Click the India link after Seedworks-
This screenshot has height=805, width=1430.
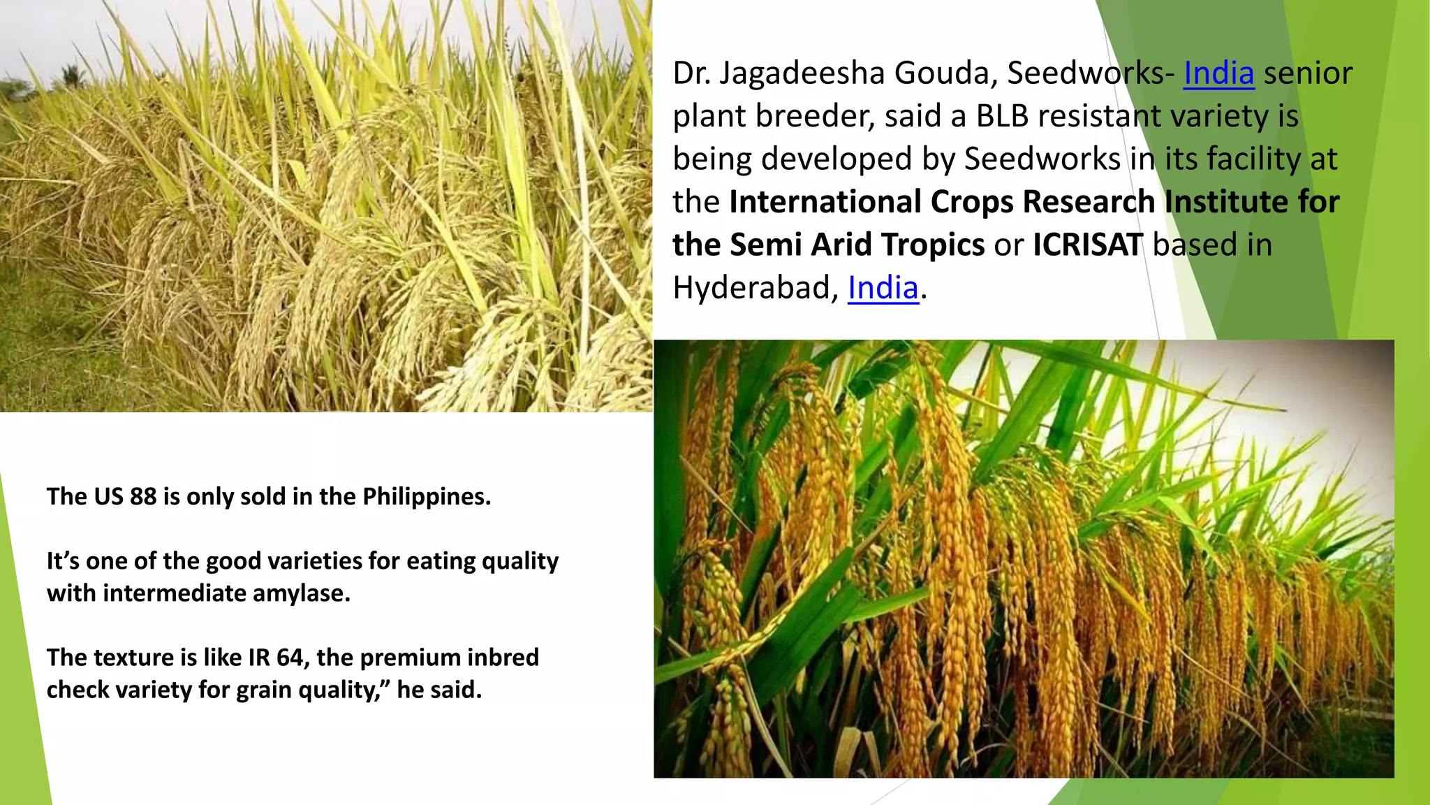[x=1218, y=73]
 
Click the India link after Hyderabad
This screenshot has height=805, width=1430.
[x=883, y=288]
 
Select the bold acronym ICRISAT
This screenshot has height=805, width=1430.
[x=1087, y=245]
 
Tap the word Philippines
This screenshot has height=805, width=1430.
[x=426, y=496]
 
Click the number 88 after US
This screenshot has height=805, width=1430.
[x=143, y=496]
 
